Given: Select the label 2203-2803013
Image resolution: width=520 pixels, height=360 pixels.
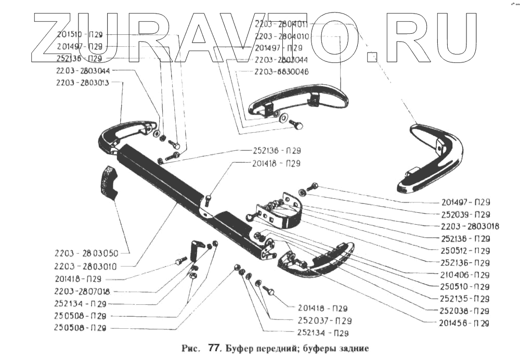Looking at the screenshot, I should pyautogui.click(x=82, y=83).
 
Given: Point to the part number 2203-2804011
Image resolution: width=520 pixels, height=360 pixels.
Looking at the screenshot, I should pyautogui.click(x=281, y=24).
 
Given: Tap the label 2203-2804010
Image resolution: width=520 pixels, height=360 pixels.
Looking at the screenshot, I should pyautogui.click(x=281, y=36).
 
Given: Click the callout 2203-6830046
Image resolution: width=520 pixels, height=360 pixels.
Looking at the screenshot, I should pyautogui.click(x=281, y=72).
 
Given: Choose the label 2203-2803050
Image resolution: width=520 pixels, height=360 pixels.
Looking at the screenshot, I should pyautogui.click(x=86, y=253).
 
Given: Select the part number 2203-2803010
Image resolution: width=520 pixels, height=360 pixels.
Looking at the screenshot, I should pyautogui.click(x=86, y=266).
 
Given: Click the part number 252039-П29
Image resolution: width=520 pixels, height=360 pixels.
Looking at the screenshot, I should pyautogui.click(x=462, y=214).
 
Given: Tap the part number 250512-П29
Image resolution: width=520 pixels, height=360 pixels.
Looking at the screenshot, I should pyautogui.click(x=462, y=251).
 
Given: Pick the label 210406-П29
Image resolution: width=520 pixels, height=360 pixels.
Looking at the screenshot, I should pyautogui.click(x=462, y=275).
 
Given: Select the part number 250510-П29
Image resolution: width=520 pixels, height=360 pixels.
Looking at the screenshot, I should pyautogui.click(x=462, y=287).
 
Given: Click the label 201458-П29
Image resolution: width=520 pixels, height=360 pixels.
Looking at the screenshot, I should pyautogui.click(x=462, y=323).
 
